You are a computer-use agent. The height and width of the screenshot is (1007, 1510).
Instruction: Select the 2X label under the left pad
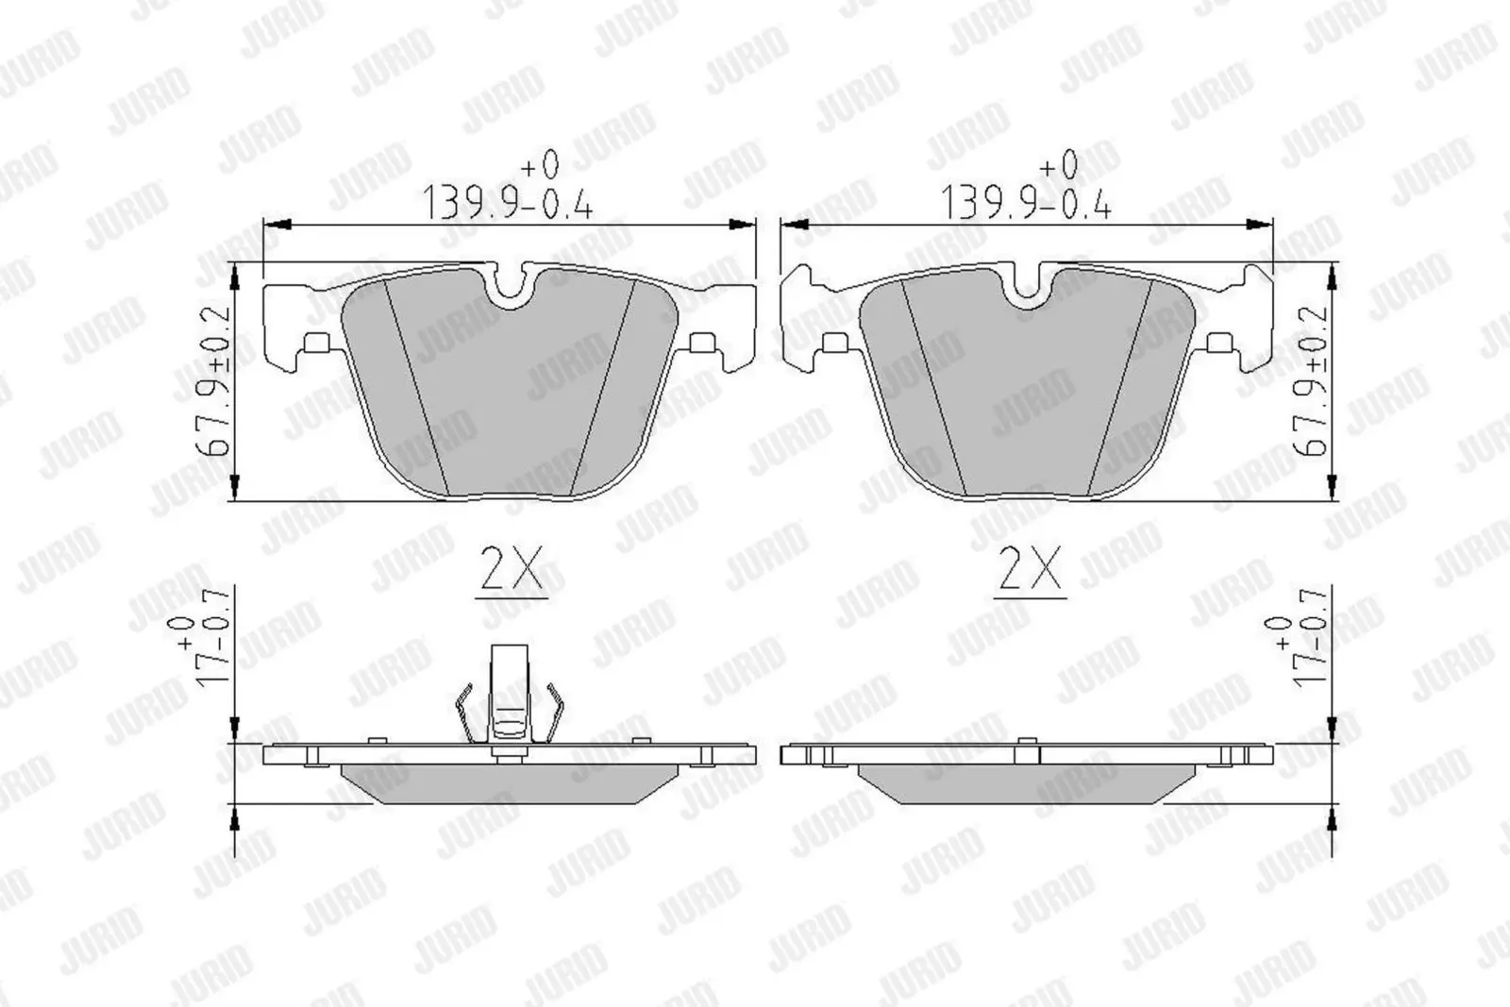[x=511, y=569]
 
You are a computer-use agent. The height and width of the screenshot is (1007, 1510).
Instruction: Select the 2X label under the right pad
[x=1029, y=569]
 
